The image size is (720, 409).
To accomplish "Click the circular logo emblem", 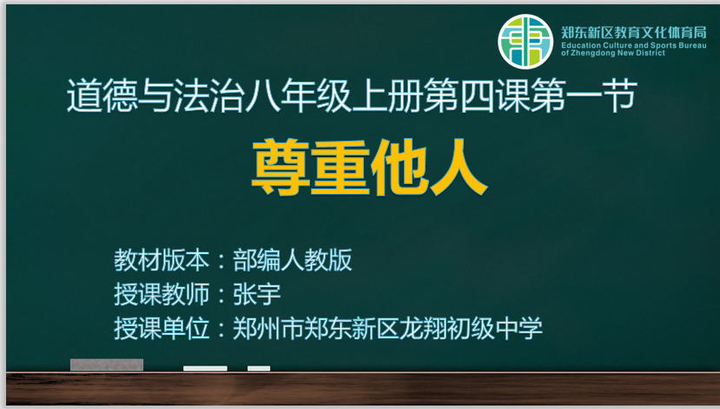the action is tap(525, 42).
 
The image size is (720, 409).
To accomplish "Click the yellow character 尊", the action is tap(281, 168).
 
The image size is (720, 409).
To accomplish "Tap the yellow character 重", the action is tap(340, 168).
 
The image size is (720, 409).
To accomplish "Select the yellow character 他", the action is tap(400, 168).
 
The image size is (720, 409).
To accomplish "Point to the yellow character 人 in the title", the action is tap(459, 168).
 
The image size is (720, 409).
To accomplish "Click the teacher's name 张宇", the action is tap(257, 294).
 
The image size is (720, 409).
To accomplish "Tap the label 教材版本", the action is tap(162, 261).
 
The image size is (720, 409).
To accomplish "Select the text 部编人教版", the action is tap(293, 261).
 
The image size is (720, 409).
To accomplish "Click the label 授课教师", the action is tap(162, 294).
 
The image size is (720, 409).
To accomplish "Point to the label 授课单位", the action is tap(162, 328).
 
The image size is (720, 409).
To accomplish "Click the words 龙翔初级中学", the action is tap(471, 328).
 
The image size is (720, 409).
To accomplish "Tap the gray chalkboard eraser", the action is tap(107, 365).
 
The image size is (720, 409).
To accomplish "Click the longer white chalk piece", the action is tap(205, 368).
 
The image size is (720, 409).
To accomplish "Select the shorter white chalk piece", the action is tap(259, 368).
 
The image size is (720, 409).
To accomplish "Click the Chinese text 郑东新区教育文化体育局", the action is tap(634, 32).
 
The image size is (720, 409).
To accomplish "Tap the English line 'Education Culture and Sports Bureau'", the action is tap(634, 45).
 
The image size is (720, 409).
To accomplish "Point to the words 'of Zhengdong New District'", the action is tap(613, 53).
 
